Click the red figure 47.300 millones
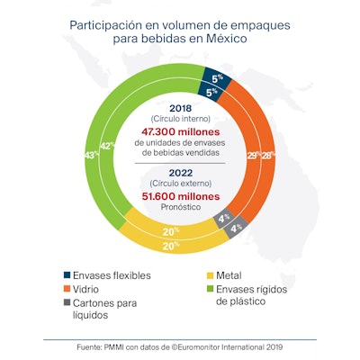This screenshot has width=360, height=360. tap(181, 130)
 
